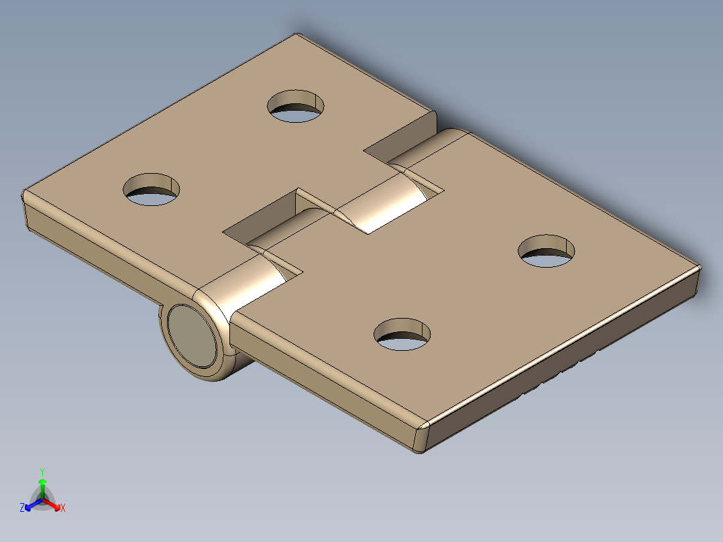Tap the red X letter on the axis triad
[63, 508]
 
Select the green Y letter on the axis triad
[42, 472]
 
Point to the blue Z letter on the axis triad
[22, 508]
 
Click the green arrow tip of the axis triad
[42, 482]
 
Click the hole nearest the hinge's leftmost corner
[152, 189]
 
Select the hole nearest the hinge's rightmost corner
[547, 251]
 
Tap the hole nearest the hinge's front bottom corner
[402, 334]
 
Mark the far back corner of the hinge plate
[296, 35]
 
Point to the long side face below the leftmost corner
[101, 255]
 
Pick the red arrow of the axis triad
[54, 503]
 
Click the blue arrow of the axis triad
[32, 503]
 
